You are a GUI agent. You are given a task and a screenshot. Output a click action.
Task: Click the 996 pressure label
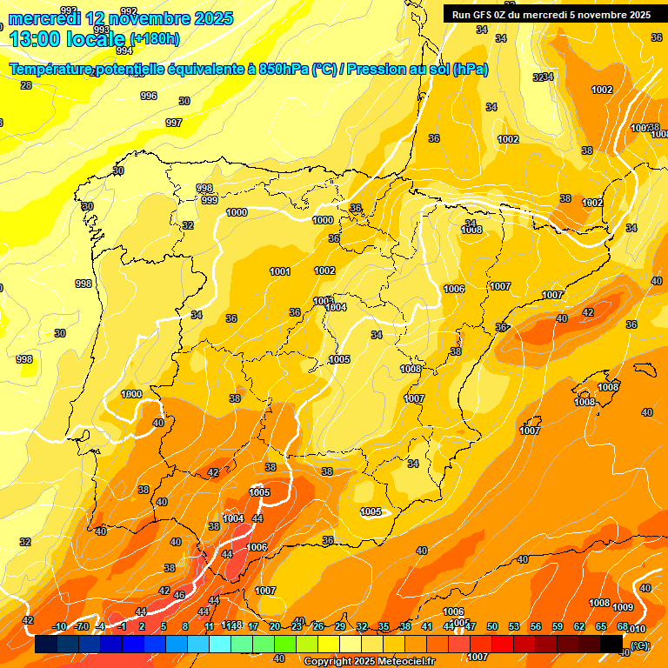tap(149, 97)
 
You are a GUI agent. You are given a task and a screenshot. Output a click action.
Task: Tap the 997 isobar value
tap(174, 124)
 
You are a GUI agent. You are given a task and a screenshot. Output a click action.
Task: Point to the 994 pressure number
tap(124, 50)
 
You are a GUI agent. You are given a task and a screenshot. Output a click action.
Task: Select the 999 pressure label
tap(210, 200)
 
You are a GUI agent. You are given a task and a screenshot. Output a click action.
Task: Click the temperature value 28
tap(26, 85)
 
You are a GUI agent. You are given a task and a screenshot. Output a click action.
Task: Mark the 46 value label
tap(179, 595)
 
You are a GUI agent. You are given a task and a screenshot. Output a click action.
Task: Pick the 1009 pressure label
tap(623, 607)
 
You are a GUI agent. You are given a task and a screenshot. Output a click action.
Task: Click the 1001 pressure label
tap(280, 272)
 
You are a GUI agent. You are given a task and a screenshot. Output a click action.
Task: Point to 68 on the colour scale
tap(623, 626)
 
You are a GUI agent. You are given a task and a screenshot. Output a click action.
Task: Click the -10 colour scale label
tap(59, 626)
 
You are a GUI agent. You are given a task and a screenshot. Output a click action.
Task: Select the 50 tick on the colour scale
tap(492, 626)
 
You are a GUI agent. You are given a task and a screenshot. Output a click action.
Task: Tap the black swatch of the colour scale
tap(612, 644)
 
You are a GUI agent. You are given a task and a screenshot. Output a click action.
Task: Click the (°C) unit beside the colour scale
tap(639, 645)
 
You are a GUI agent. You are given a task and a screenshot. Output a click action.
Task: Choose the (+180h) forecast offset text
tap(155, 38)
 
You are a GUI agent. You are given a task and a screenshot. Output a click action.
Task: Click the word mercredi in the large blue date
tap(44, 17)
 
